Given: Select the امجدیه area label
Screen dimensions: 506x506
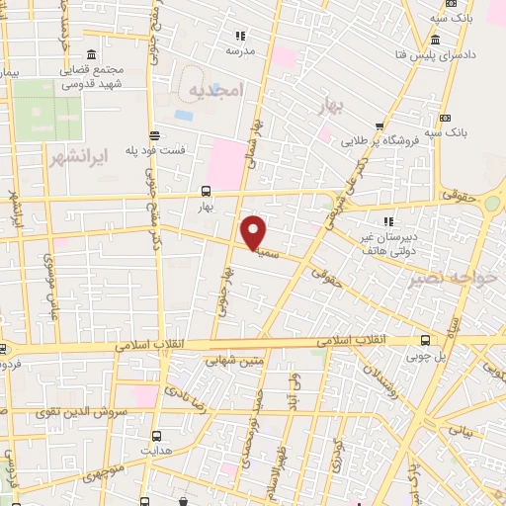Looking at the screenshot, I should tap(213, 90).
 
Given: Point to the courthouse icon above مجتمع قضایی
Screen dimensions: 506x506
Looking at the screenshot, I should tap(91, 54).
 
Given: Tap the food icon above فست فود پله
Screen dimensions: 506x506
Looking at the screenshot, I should tap(155, 135).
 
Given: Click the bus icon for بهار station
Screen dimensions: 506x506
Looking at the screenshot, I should tap(206, 191).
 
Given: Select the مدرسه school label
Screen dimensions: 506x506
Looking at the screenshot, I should tap(241, 49).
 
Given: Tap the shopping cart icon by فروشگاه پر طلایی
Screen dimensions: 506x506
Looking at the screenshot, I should tap(365, 142).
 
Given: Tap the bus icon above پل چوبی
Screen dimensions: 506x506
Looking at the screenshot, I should tap(425, 339).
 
